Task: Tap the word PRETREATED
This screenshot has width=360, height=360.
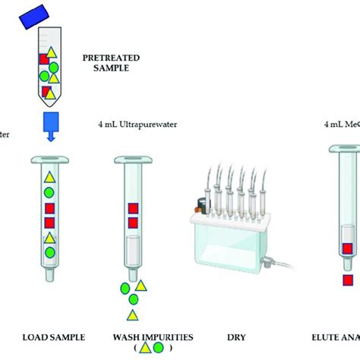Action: pyautogui.click(x=106, y=57)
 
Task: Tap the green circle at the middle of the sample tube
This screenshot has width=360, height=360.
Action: pyautogui.click(x=55, y=75)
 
